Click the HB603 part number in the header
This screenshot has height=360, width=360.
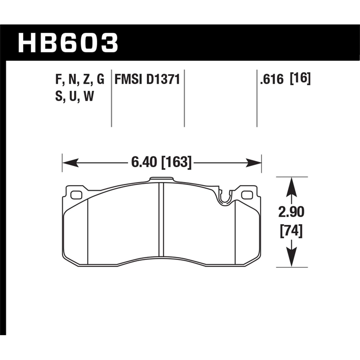tap(68, 43)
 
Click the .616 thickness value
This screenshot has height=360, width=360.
tap(272, 80)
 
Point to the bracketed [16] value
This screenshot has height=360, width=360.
tap(300, 79)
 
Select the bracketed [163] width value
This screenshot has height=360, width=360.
tap(176, 162)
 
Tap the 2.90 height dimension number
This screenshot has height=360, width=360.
tap(291, 212)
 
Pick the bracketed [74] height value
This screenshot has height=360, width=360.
tap(291, 231)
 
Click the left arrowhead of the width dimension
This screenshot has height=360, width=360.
tap(70, 162)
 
